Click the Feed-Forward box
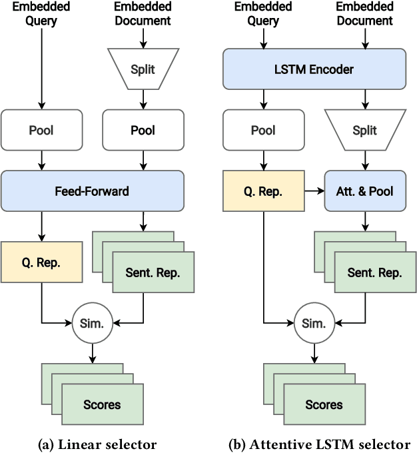click(x=93, y=191)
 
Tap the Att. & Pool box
click(x=364, y=191)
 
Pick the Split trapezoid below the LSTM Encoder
click(x=364, y=131)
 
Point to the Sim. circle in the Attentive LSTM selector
click(x=314, y=324)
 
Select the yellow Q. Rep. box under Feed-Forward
click(x=41, y=262)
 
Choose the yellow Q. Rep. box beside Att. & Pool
click(x=263, y=191)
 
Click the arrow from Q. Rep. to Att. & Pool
click(x=314, y=191)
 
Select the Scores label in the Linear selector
click(x=102, y=404)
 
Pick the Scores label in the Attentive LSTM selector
click(x=324, y=404)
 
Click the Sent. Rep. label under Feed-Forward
click(x=153, y=272)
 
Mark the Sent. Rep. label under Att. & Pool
click(x=374, y=272)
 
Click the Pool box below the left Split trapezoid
click(x=143, y=131)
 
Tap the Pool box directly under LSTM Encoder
click(x=263, y=131)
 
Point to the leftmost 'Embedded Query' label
click(x=41, y=14)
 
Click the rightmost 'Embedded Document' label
click(x=364, y=14)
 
